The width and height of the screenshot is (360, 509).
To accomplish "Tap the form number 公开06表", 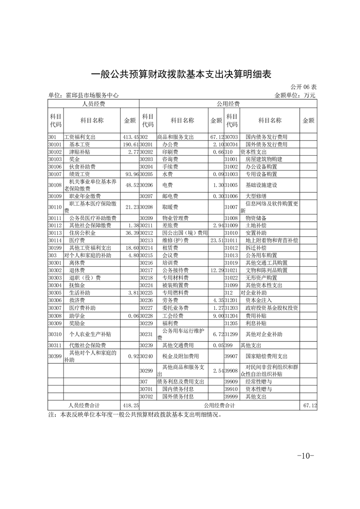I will point(304,86).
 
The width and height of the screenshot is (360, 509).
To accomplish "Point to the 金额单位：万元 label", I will point(295,95).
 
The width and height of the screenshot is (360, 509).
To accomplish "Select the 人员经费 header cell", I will point(93,104).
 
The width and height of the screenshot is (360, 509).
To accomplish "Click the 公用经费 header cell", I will point(228,104).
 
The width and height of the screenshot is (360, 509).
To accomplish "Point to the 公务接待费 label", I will point(175,270).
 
